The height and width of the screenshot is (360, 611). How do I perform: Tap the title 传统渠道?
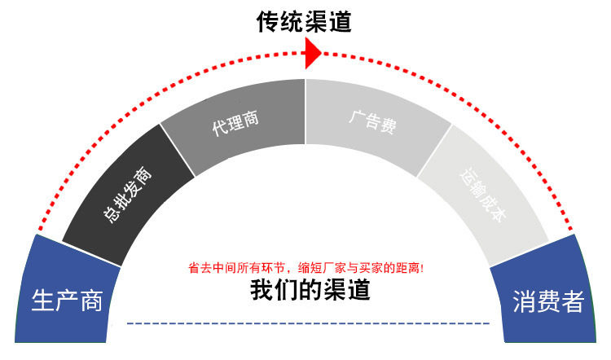coord(305,21)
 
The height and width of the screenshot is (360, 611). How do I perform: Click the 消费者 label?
coord(548,301)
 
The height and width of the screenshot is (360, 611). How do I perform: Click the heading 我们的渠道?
coord(310,290)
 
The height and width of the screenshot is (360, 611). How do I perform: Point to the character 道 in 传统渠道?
coord(340,21)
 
